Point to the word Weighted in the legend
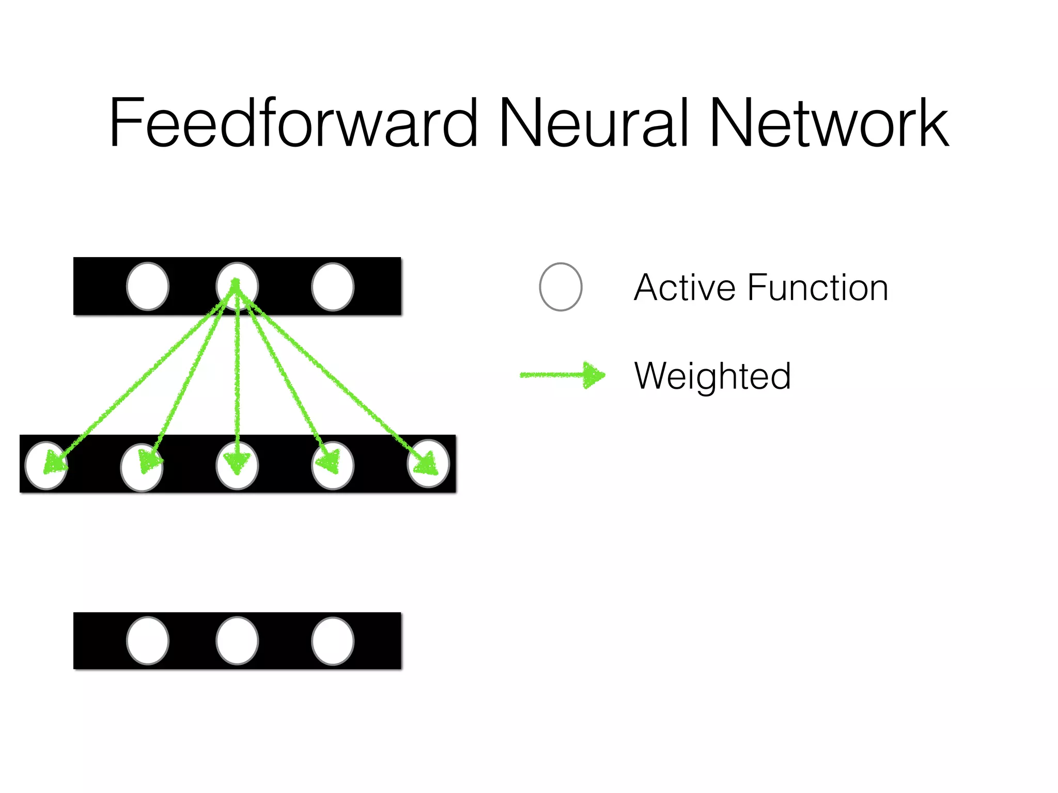[x=712, y=376]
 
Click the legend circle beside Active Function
[x=561, y=287]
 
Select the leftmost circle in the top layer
[x=148, y=287]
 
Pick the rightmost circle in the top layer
[x=333, y=287]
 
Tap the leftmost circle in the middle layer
[x=46, y=465]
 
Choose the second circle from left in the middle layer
[x=142, y=467]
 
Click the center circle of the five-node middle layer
[x=237, y=465]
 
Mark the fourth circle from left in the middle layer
[x=333, y=465]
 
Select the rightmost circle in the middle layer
[x=428, y=463]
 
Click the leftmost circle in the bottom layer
[x=148, y=641]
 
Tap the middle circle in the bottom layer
[x=237, y=641]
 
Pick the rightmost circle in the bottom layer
[x=333, y=641]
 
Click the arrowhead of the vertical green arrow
[x=237, y=463]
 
